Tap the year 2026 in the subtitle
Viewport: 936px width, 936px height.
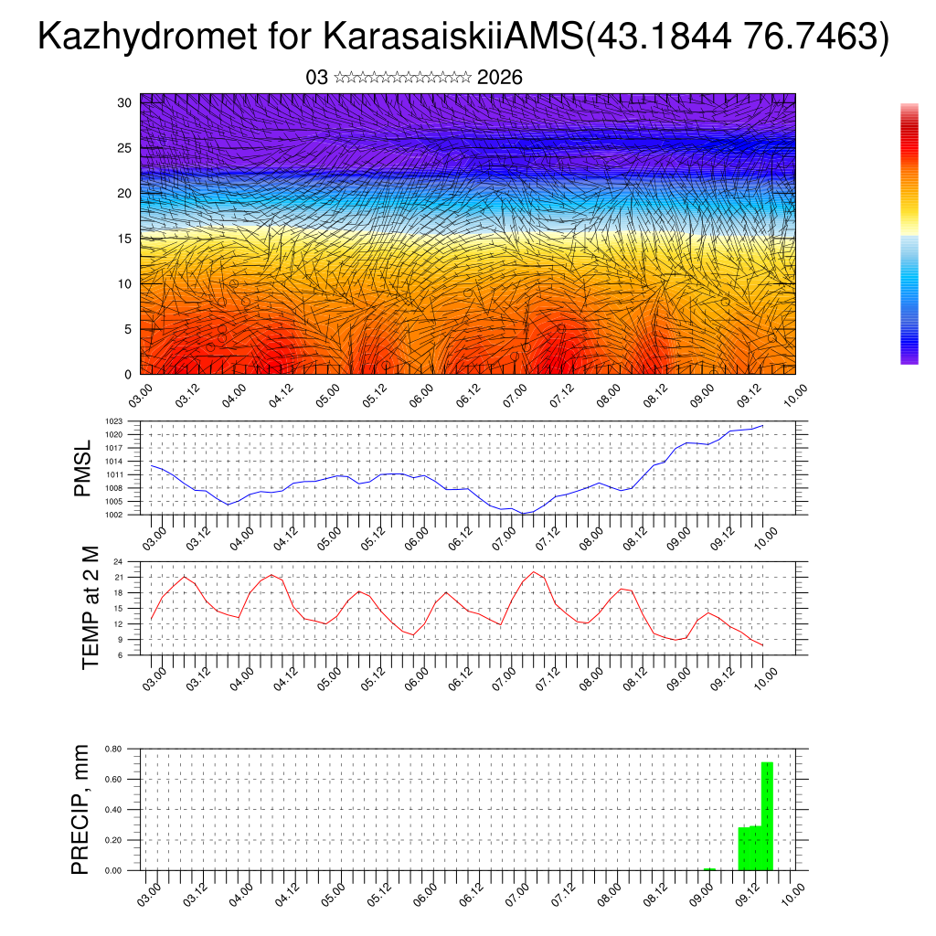click(x=500, y=78)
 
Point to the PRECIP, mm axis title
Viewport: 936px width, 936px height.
click(x=81, y=809)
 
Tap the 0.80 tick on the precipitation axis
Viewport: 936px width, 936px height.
click(x=113, y=749)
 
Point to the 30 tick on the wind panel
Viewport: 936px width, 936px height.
click(x=124, y=102)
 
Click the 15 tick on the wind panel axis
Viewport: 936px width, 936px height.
click(x=124, y=239)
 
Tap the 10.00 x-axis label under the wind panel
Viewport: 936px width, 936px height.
click(x=796, y=396)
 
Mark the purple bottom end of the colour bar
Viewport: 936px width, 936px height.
click(x=909, y=359)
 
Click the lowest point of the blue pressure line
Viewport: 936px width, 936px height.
click(x=524, y=514)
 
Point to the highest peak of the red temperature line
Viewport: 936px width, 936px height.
click(x=534, y=572)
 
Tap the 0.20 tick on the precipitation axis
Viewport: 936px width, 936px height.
click(x=113, y=840)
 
